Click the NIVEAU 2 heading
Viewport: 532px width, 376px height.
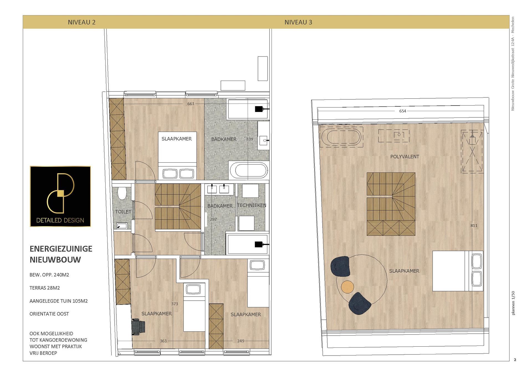(82, 22)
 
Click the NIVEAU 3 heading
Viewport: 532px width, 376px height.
(298, 22)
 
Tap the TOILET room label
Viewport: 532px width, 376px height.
(123, 212)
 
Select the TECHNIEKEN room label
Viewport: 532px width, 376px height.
(252, 205)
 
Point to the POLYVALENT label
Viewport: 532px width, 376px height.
(405, 157)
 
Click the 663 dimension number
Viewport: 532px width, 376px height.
(191, 104)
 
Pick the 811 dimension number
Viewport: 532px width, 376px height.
(474, 226)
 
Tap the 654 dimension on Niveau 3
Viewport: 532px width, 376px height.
(403, 111)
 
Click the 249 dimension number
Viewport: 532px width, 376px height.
(241, 341)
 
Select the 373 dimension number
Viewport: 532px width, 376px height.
(175, 304)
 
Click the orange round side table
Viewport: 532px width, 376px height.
(347, 287)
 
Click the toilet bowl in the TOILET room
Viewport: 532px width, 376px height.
(122, 193)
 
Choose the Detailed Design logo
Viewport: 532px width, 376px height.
(60, 196)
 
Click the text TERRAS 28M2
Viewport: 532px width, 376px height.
(45, 288)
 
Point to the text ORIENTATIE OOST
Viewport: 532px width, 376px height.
(49, 314)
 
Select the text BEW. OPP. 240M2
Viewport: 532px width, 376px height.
(49, 275)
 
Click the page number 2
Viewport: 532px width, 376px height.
(515, 360)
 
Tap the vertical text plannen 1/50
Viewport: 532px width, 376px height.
(513, 303)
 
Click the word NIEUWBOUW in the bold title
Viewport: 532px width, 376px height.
(55, 260)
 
